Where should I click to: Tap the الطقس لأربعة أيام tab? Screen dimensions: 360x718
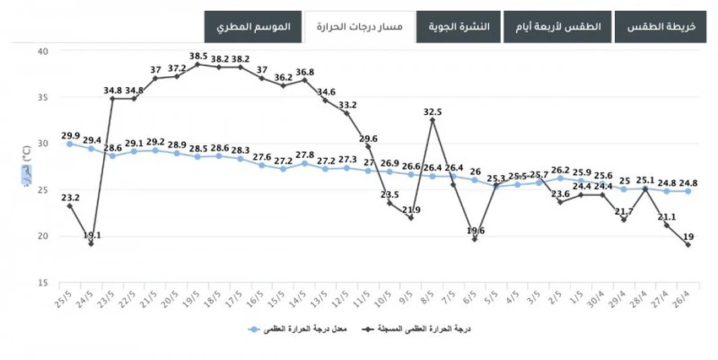558,27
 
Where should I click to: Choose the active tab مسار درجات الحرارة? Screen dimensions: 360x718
359,27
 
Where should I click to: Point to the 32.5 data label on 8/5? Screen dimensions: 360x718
432,111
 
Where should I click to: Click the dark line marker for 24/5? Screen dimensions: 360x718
91,243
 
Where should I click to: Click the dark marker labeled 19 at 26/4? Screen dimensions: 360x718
688,245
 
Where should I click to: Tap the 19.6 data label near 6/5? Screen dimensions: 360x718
476,230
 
